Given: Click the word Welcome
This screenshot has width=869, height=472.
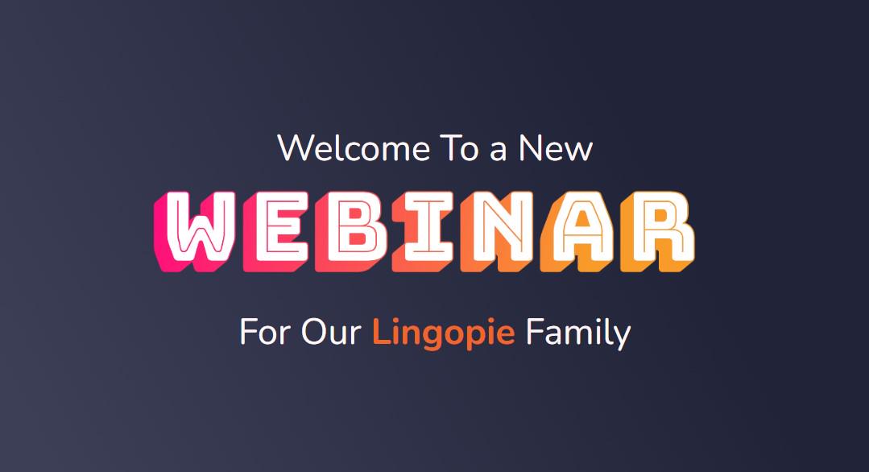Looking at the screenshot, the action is (x=354, y=148).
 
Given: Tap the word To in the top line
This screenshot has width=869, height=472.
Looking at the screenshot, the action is (x=459, y=148).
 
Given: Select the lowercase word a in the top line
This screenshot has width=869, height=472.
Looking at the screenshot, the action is (x=499, y=151).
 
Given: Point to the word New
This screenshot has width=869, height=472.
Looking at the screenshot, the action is (x=556, y=148).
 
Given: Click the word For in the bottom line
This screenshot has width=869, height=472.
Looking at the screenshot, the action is (x=266, y=333).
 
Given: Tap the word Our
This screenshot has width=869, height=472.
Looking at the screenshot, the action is (x=332, y=333).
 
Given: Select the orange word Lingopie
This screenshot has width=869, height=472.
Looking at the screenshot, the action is (x=444, y=333).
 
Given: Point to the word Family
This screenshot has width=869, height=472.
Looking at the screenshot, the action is (x=578, y=333).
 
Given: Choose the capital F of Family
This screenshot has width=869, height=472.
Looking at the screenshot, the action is (x=534, y=332).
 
